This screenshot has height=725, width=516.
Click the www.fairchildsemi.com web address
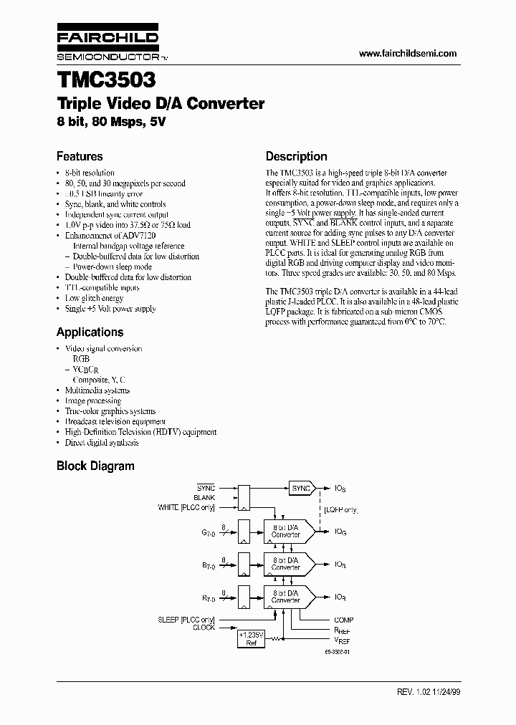(406, 54)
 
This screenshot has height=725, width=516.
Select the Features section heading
(80, 156)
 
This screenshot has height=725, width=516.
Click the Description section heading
(296, 156)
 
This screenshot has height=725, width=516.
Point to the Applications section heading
(90, 332)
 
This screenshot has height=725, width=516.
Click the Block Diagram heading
(95, 466)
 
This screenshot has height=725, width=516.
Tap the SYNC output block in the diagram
(300, 488)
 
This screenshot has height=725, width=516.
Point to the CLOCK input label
(204, 627)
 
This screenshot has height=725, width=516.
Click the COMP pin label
(343, 620)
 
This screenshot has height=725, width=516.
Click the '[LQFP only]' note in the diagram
(340, 510)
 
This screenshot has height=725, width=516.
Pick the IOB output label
(340, 565)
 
